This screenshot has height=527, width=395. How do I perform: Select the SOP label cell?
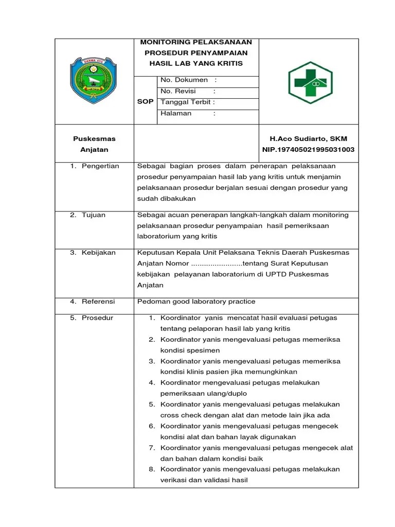[145, 101]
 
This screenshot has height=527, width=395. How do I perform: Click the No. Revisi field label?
[178, 91]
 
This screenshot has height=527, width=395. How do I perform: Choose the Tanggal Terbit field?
[188, 102]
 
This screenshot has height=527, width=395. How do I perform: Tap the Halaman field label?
[176, 113]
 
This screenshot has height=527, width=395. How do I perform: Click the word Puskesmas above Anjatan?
[94, 138]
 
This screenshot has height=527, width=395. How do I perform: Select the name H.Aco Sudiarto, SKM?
[309, 138]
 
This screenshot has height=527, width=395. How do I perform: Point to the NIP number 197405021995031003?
[309, 149]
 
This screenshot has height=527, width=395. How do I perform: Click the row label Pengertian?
[100, 166]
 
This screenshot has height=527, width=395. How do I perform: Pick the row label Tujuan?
[94, 215]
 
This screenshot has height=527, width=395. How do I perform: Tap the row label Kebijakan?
[99, 252]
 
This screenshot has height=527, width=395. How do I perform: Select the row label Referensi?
[98, 301]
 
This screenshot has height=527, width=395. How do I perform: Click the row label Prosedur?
[97, 318]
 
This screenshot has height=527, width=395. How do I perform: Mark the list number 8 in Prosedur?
[152, 469]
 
